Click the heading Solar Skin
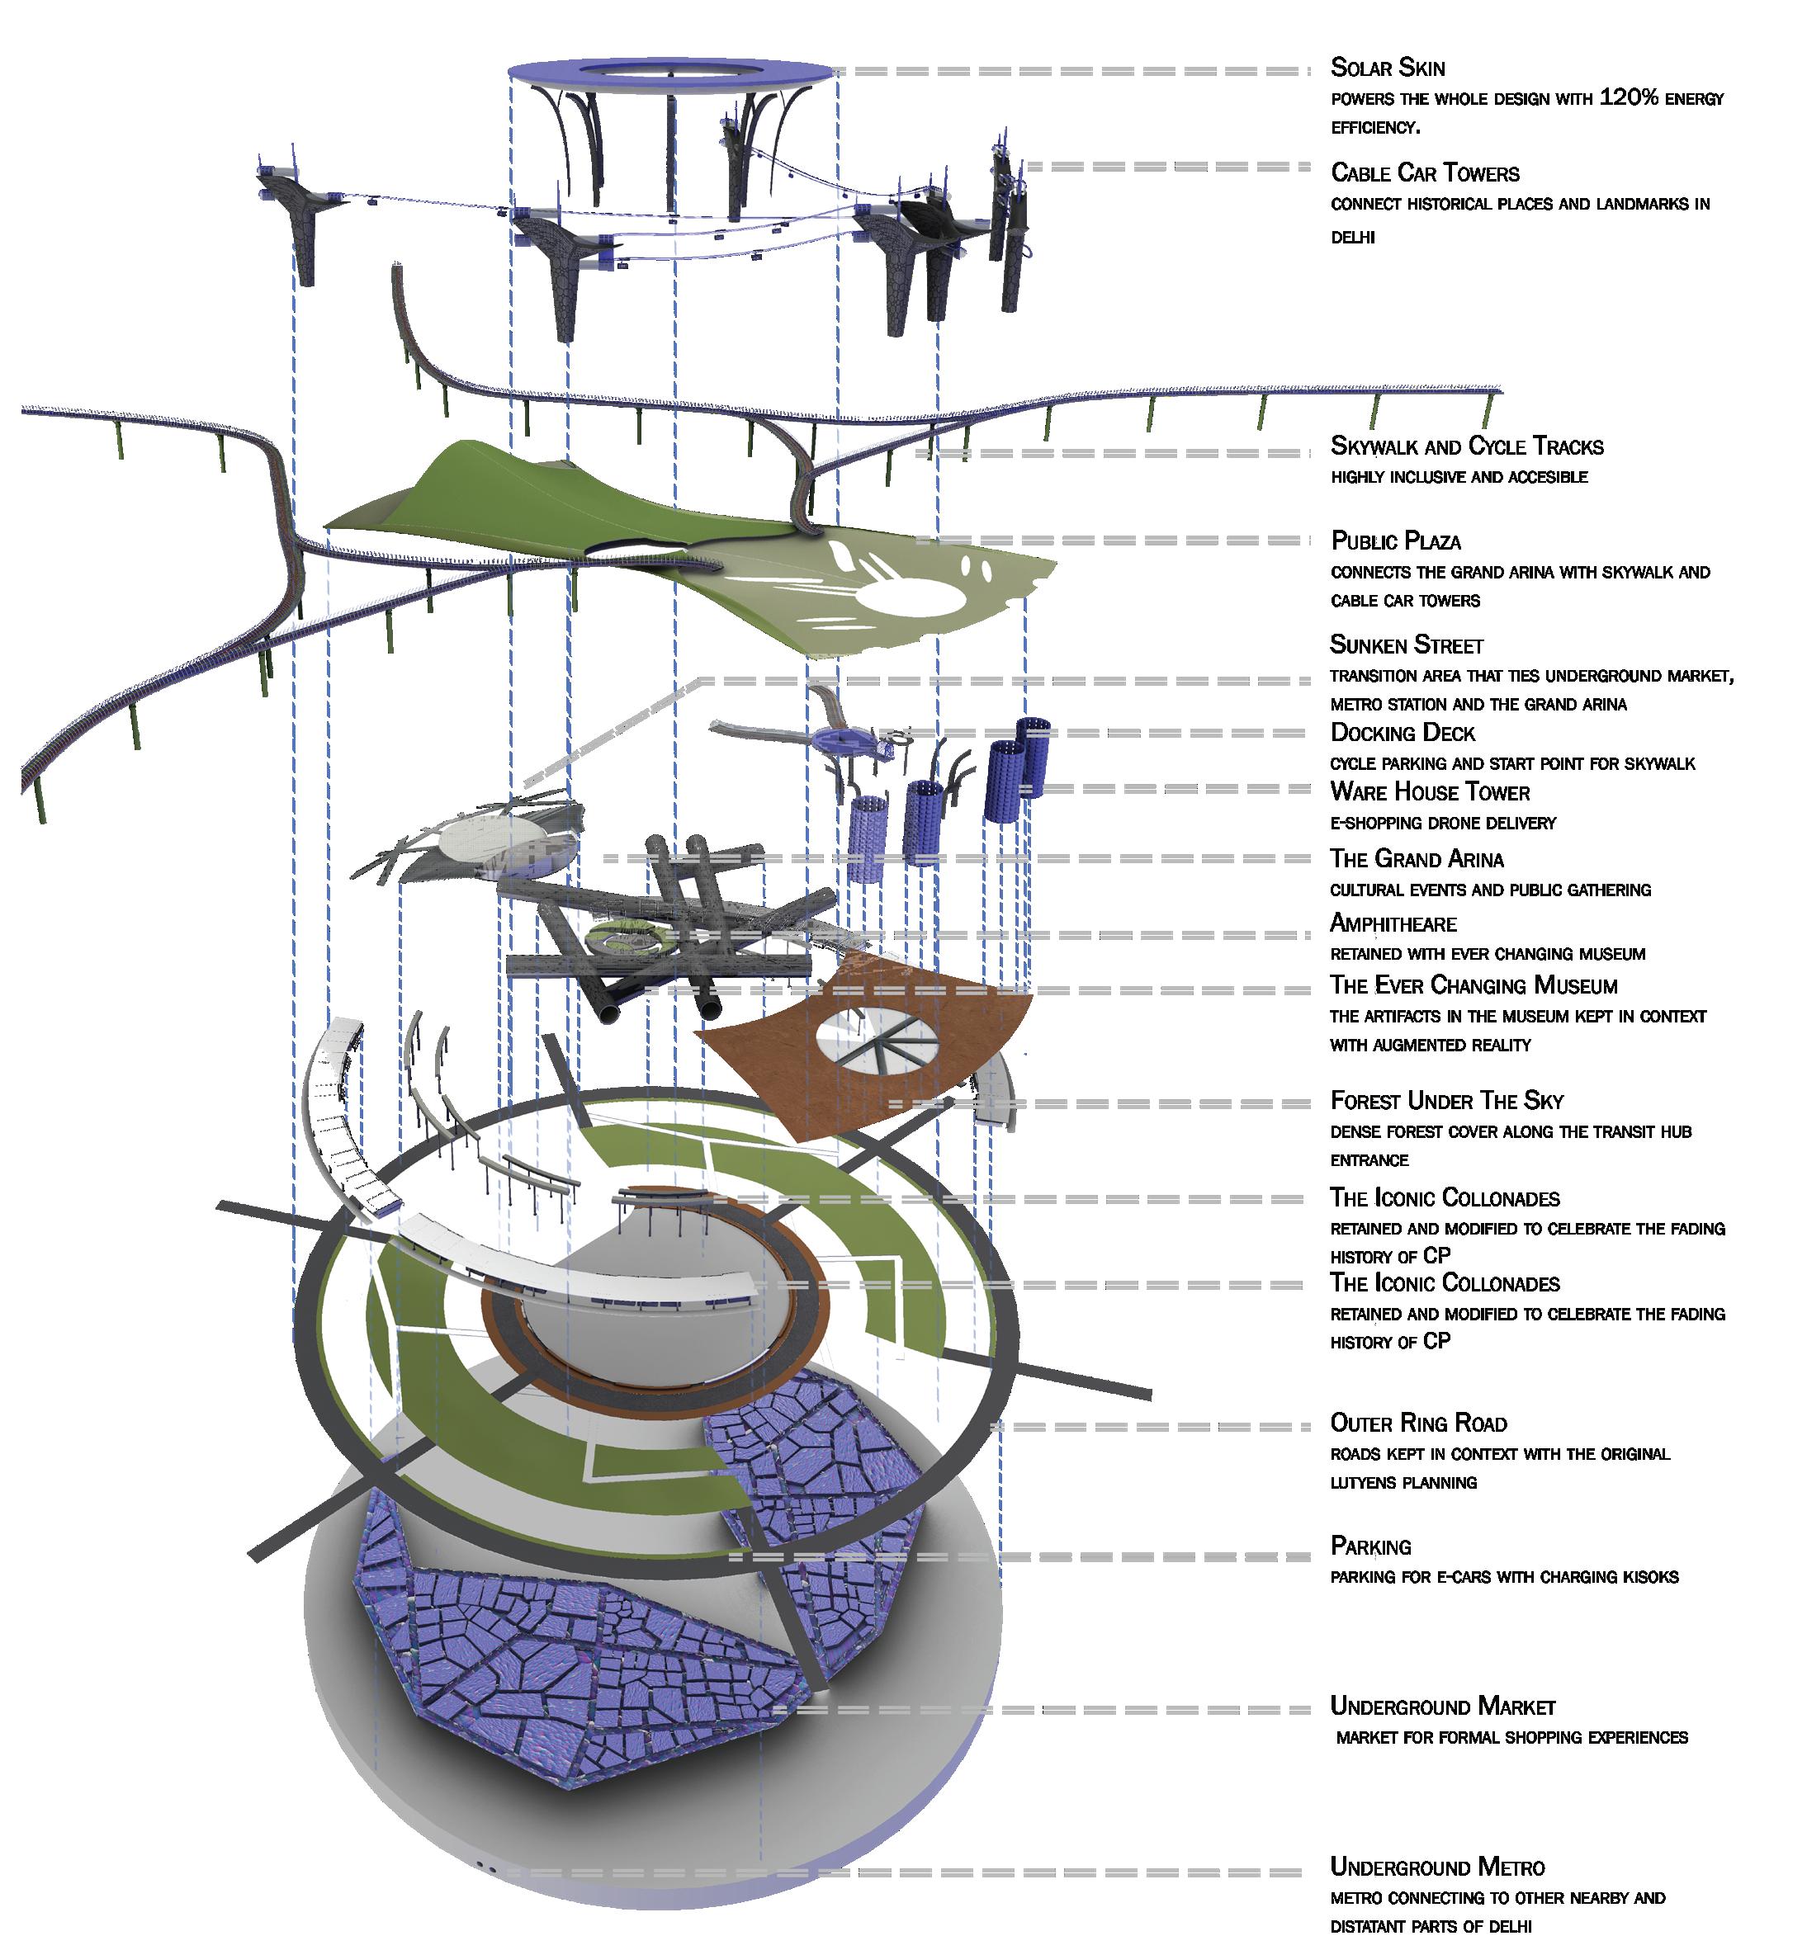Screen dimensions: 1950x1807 click(x=1387, y=68)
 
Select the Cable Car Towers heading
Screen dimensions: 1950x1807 click(x=1425, y=173)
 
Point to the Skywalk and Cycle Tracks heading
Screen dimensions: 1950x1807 click(x=1466, y=446)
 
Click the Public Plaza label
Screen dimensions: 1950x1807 click(x=1395, y=541)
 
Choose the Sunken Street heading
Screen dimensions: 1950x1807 click(x=1406, y=645)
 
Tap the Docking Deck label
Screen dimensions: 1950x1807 click(x=1403, y=733)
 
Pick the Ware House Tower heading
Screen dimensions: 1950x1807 click(x=1430, y=791)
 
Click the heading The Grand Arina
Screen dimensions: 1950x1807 click(x=1416, y=859)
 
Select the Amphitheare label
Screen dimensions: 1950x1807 click(x=1393, y=923)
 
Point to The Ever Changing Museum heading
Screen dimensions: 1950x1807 click(x=1473, y=985)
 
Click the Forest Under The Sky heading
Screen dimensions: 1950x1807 click(x=1446, y=1101)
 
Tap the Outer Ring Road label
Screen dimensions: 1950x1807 click(x=1418, y=1424)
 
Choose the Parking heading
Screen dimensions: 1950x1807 click(x=1370, y=1546)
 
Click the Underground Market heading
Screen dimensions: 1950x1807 click(x=1441, y=1707)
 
